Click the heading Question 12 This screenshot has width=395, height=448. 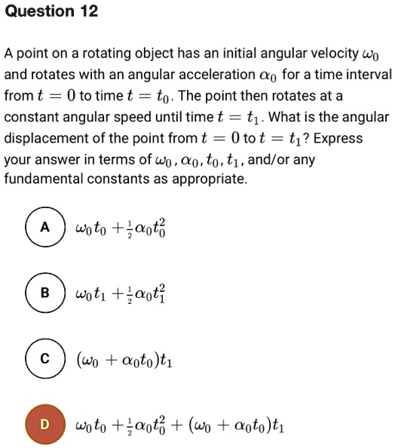(x=51, y=12)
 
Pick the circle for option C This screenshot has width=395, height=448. (x=44, y=359)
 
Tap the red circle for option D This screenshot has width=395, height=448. (x=44, y=425)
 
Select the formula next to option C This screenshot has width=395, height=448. (x=124, y=359)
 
